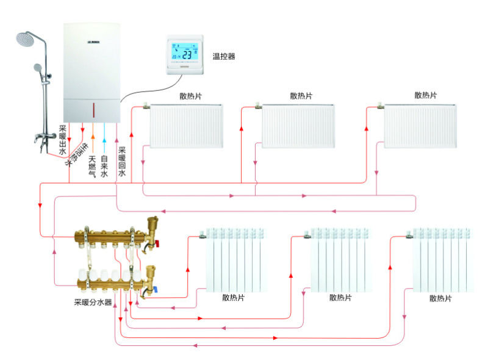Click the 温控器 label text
tap(223, 56)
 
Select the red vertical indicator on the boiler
tap(93, 111)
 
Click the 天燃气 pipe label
tap(92, 167)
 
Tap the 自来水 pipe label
tap(104, 167)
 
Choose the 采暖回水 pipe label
tap(122, 162)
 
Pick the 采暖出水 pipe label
tap(62, 140)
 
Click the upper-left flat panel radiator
tap(186, 125)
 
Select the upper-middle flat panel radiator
tap(298, 125)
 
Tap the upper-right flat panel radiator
tap(420, 125)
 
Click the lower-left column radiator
tap(235, 259)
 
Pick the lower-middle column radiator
tap(340, 259)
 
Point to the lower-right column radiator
tap(441, 259)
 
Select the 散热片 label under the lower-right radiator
tap(440, 298)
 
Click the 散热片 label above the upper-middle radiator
tap(301, 96)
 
